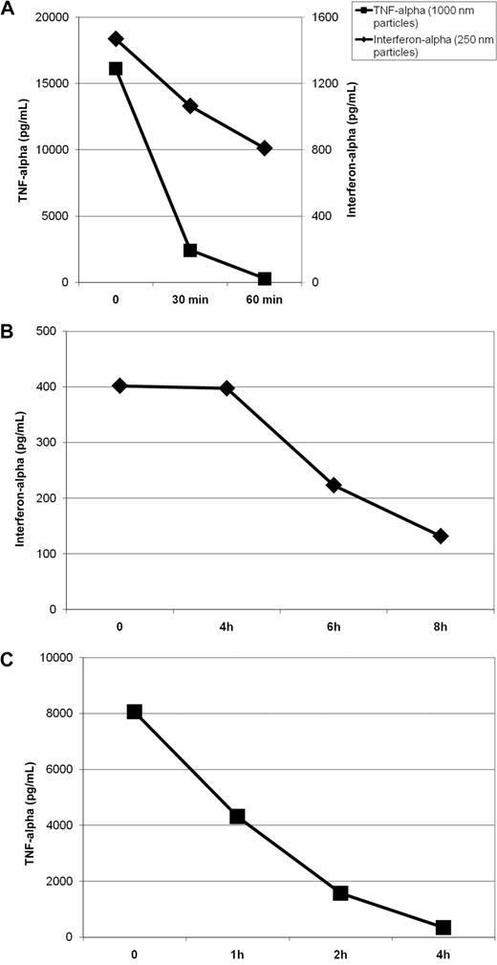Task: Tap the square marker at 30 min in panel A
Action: click(x=190, y=250)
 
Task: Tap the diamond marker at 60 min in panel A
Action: click(x=265, y=148)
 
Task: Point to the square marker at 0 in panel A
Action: click(x=116, y=69)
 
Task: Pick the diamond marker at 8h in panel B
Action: click(x=441, y=537)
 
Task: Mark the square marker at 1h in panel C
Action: click(x=237, y=817)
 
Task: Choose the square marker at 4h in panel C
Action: click(x=443, y=928)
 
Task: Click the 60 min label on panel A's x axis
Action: click(x=265, y=300)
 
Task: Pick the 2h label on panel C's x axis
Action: click(x=340, y=954)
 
